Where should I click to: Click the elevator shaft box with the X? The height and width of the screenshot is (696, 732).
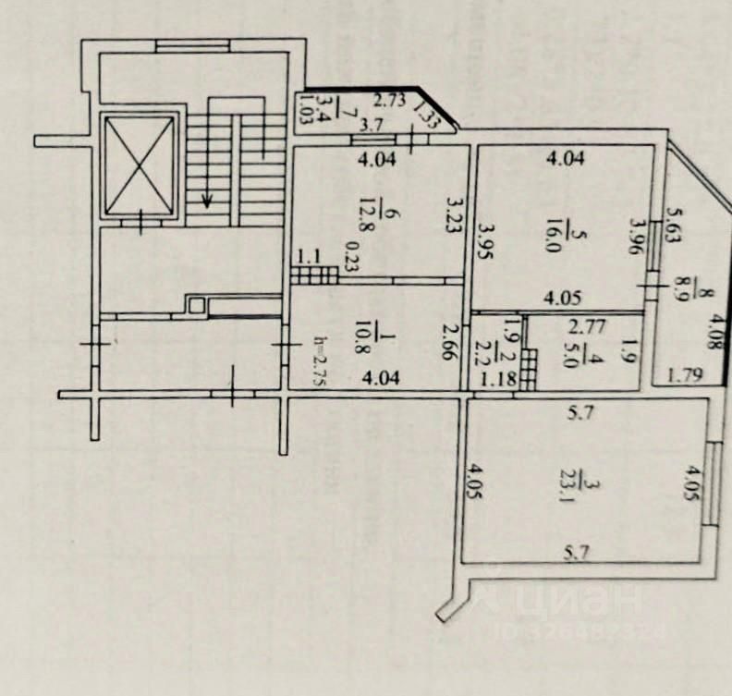139,166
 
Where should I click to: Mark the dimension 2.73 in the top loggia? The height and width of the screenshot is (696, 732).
389,102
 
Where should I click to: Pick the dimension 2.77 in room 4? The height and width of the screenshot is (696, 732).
585,325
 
